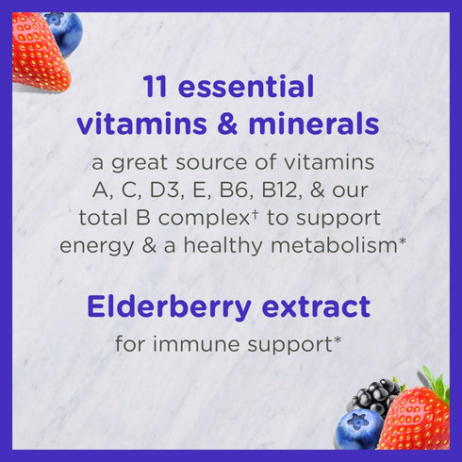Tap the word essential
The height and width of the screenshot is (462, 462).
click(248, 88)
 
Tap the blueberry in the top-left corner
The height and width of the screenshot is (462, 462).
click(63, 27)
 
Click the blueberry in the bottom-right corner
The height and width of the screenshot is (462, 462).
click(359, 429)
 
